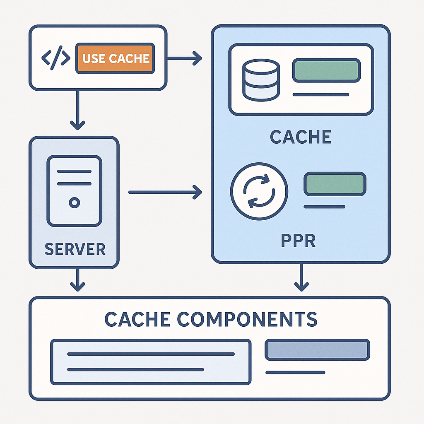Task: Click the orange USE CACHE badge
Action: click(x=115, y=58)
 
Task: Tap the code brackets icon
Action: click(x=56, y=58)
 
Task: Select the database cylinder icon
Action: click(x=261, y=80)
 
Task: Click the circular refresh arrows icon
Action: click(x=259, y=191)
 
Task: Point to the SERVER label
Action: click(x=75, y=249)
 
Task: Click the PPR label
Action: click(x=299, y=240)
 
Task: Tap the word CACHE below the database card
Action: click(x=301, y=137)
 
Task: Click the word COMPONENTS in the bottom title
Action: click(x=247, y=319)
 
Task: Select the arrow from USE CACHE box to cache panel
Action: click(x=185, y=58)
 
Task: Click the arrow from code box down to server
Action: click(x=77, y=110)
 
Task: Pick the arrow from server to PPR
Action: click(x=165, y=192)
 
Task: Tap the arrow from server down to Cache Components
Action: click(x=77, y=280)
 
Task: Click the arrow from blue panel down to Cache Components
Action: click(x=301, y=277)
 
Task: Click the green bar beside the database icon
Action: click(x=326, y=70)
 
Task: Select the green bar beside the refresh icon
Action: click(x=335, y=184)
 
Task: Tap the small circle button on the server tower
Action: click(x=75, y=202)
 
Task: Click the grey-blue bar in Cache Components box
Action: click(x=317, y=349)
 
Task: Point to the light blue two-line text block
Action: click(x=151, y=362)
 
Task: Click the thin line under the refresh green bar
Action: click(x=325, y=207)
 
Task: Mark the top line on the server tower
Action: click(x=75, y=171)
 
